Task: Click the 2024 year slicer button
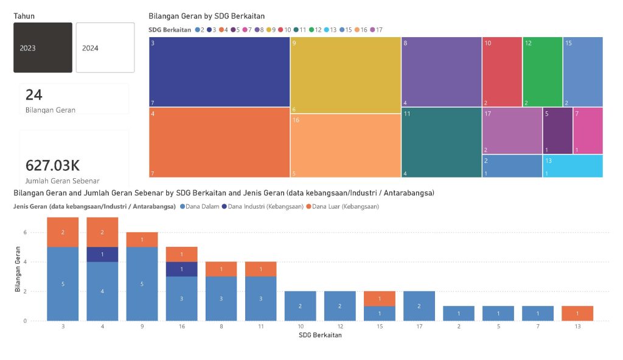105,47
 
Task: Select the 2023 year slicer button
43,47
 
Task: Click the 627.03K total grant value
52,165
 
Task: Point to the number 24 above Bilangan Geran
34,94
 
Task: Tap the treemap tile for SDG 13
573,166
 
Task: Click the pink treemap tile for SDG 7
588,131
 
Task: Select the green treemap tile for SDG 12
542,72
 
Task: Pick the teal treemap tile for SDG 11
441,143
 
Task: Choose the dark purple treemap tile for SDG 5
557,131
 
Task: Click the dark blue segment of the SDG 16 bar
181,269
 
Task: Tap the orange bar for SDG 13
577,313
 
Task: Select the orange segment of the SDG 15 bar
380,299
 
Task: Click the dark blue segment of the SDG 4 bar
102,254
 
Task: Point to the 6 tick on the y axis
25,232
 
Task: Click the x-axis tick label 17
419,327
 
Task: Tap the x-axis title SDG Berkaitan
320,335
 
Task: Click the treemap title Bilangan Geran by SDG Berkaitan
207,16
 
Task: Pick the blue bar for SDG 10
301,306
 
